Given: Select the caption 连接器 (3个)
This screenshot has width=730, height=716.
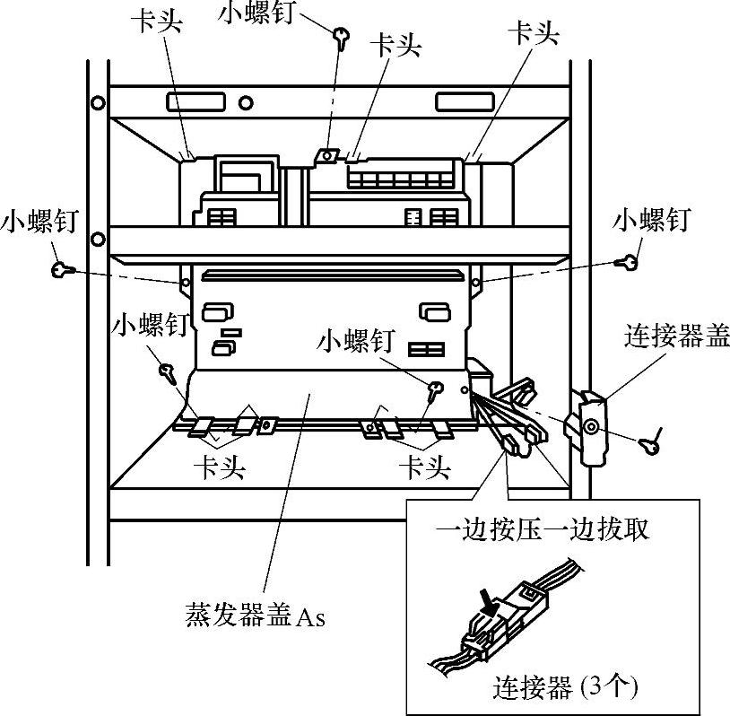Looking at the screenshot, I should (564, 687).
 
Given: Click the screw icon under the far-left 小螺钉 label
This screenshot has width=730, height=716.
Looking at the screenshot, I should (61, 268).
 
